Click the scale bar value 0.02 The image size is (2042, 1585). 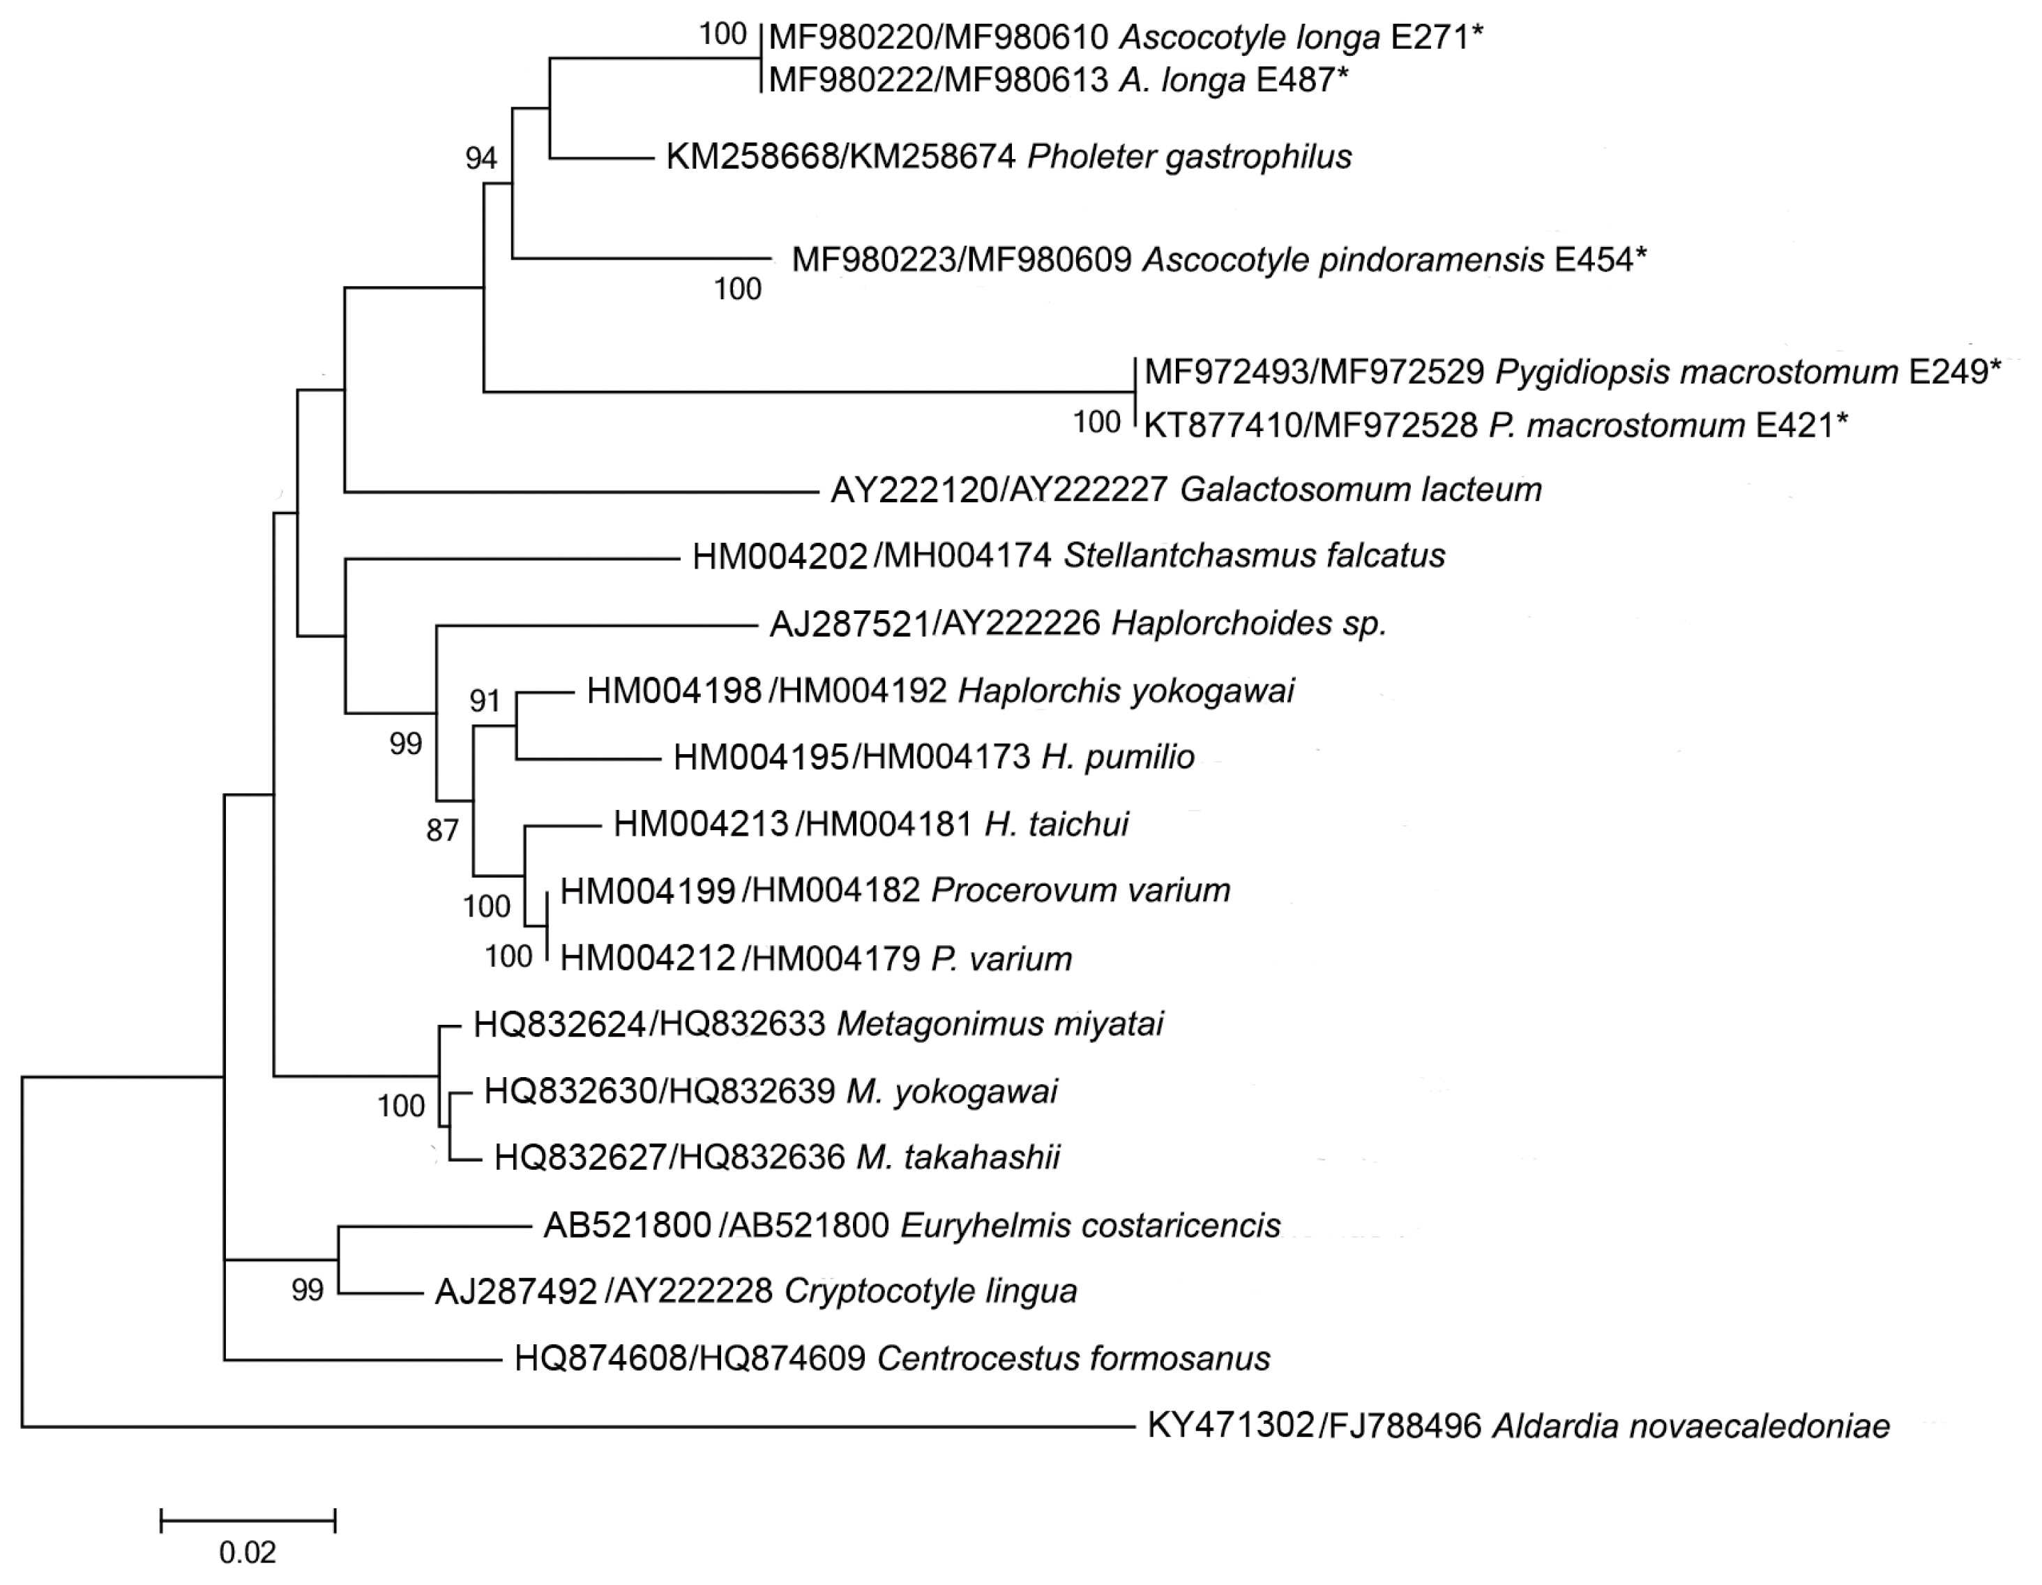coord(248,1552)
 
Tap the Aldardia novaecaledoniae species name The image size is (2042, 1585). coord(1691,1426)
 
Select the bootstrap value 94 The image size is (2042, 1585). coord(481,159)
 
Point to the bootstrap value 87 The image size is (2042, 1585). coord(442,829)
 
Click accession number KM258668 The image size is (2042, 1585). coord(752,157)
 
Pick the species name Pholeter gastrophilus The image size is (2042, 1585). coord(1189,157)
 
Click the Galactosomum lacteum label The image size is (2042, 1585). coord(1361,489)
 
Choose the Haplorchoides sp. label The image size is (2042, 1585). coord(1248,624)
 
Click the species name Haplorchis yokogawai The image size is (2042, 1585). coord(1126,691)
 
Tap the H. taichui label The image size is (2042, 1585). coord(1057,825)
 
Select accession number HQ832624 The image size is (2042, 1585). coord(559,1025)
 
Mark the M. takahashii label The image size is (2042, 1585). coord(958,1157)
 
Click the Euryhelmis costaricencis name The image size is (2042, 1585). coord(1090,1225)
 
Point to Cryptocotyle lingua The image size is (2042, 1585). coord(930,1291)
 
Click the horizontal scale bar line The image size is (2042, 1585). coord(248,1522)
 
